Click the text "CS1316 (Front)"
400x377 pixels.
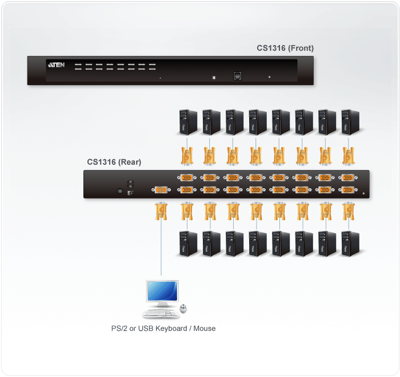(285, 48)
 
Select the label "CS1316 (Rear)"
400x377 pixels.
(114, 162)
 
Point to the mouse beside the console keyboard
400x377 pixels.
(183, 309)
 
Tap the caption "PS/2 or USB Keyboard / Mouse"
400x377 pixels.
(163, 329)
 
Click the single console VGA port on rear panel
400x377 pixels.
(161, 189)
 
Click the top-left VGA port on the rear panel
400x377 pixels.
(187, 178)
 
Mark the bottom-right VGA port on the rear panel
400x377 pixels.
(347, 190)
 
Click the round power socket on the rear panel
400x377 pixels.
(121, 192)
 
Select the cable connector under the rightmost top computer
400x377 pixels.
(347, 155)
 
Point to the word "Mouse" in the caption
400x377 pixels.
(204, 329)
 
